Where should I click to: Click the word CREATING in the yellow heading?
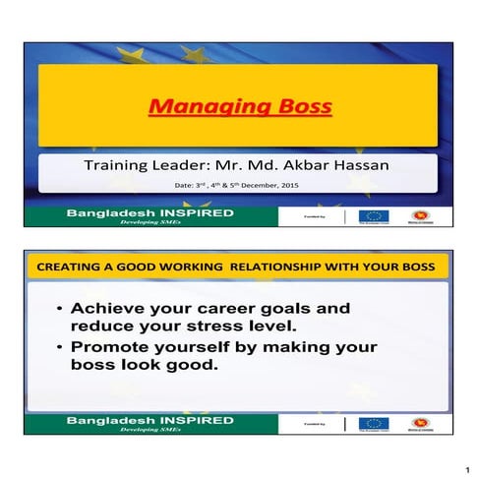click(x=66, y=267)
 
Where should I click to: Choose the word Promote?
click(x=109, y=347)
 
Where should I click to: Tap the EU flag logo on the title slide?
click(x=372, y=215)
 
